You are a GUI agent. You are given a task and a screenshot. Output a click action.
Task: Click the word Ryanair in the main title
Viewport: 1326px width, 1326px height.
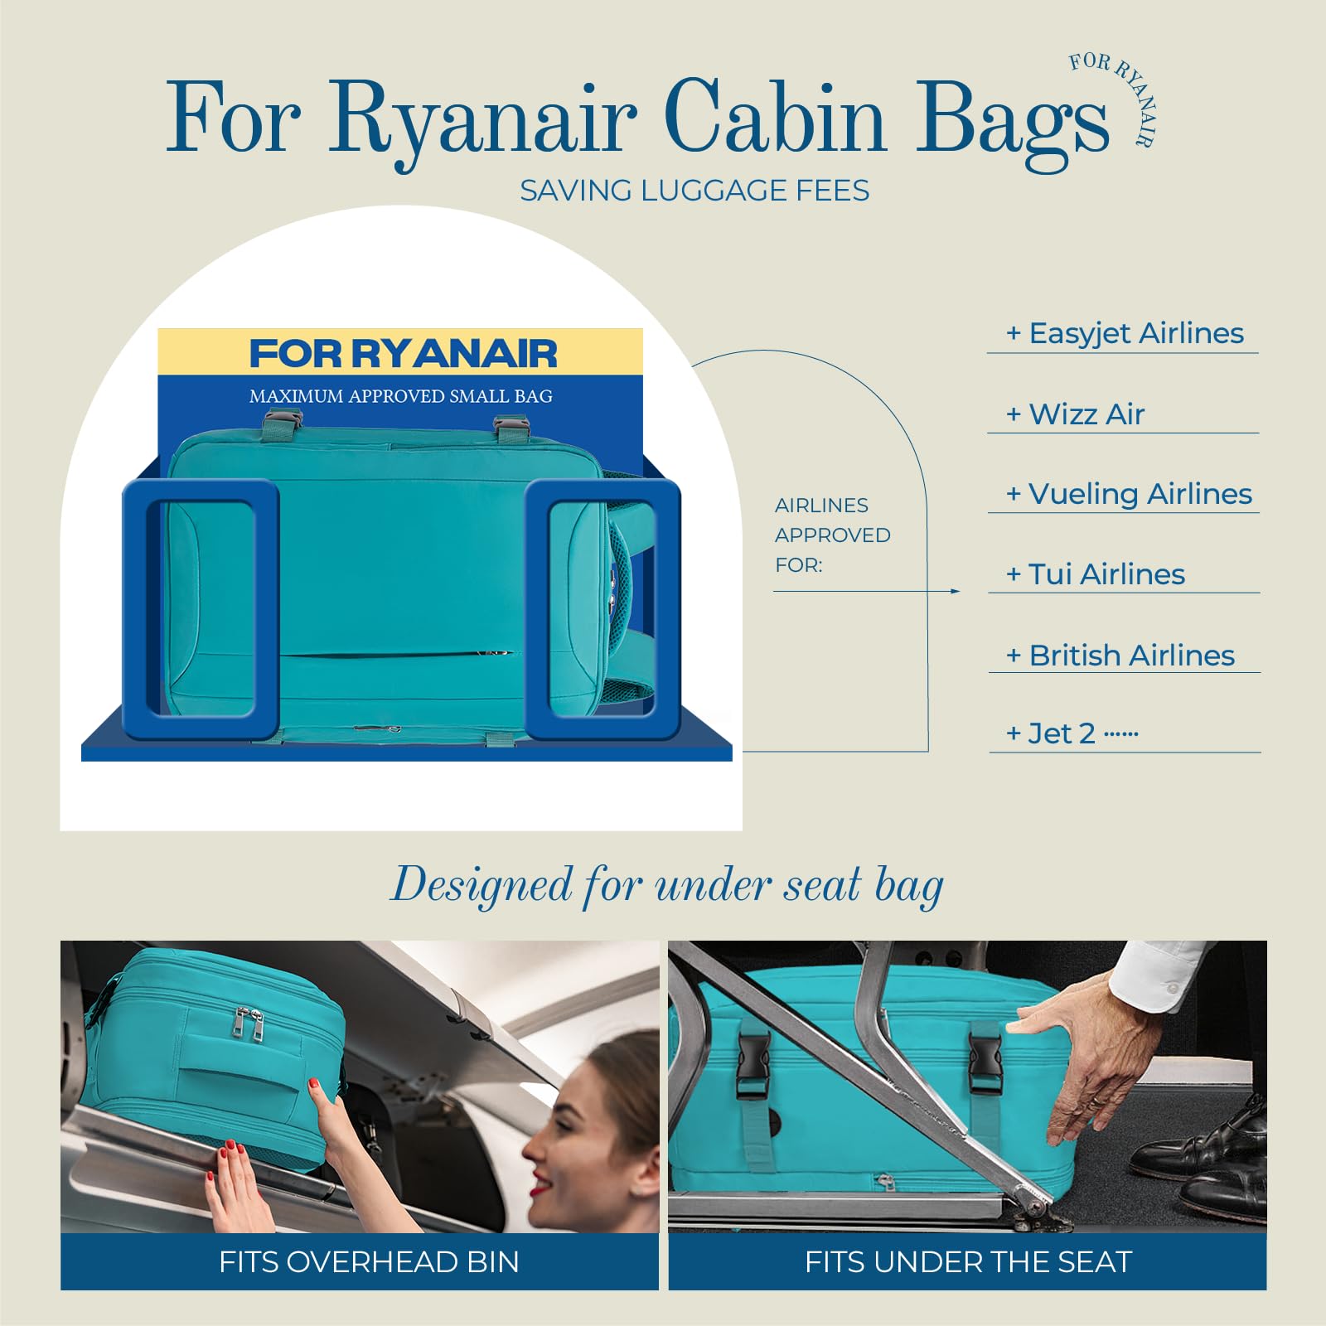click(x=482, y=120)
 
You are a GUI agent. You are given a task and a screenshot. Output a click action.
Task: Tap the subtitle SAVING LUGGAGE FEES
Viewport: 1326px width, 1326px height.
click(x=694, y=191)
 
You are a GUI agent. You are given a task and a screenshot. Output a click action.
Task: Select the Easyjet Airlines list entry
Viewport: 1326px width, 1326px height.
click(x=1125, y=333)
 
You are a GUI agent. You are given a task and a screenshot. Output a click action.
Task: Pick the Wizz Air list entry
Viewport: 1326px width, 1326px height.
click(x=1076, y=414)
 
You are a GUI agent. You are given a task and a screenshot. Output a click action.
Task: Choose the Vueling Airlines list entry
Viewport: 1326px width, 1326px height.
click(x=1129, y=494)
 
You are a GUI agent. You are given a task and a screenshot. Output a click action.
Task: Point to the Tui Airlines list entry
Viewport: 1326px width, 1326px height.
click(x=1096, y=574)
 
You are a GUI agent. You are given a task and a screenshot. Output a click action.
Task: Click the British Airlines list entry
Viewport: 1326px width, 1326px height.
click(x=1120, y=656)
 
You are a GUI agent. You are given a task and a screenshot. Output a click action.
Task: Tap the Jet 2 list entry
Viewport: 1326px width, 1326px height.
click(x=1062, y=733)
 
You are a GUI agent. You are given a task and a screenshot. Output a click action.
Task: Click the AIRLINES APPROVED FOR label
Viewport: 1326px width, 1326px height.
click(x=832, y=535)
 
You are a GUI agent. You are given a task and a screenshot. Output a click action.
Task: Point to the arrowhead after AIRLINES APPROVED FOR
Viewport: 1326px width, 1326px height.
click(x=956, y=591)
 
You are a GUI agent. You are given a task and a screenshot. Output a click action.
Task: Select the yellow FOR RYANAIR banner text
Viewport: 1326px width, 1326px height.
click(x=403, y=354)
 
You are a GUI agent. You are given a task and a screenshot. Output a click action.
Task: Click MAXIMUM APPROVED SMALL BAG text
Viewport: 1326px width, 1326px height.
click(x=401, y=396)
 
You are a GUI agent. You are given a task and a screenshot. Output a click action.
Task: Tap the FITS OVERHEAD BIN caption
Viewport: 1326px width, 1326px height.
click(x=369, y=1261)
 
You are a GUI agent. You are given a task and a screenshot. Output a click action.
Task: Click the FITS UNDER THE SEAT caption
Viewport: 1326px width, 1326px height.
click(x=968, y=1261)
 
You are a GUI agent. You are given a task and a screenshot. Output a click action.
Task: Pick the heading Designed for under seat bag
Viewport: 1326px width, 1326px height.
click(x=667, y=885)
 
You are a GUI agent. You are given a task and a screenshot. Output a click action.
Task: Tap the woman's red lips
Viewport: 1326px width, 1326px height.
click(x=542, y=1185)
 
